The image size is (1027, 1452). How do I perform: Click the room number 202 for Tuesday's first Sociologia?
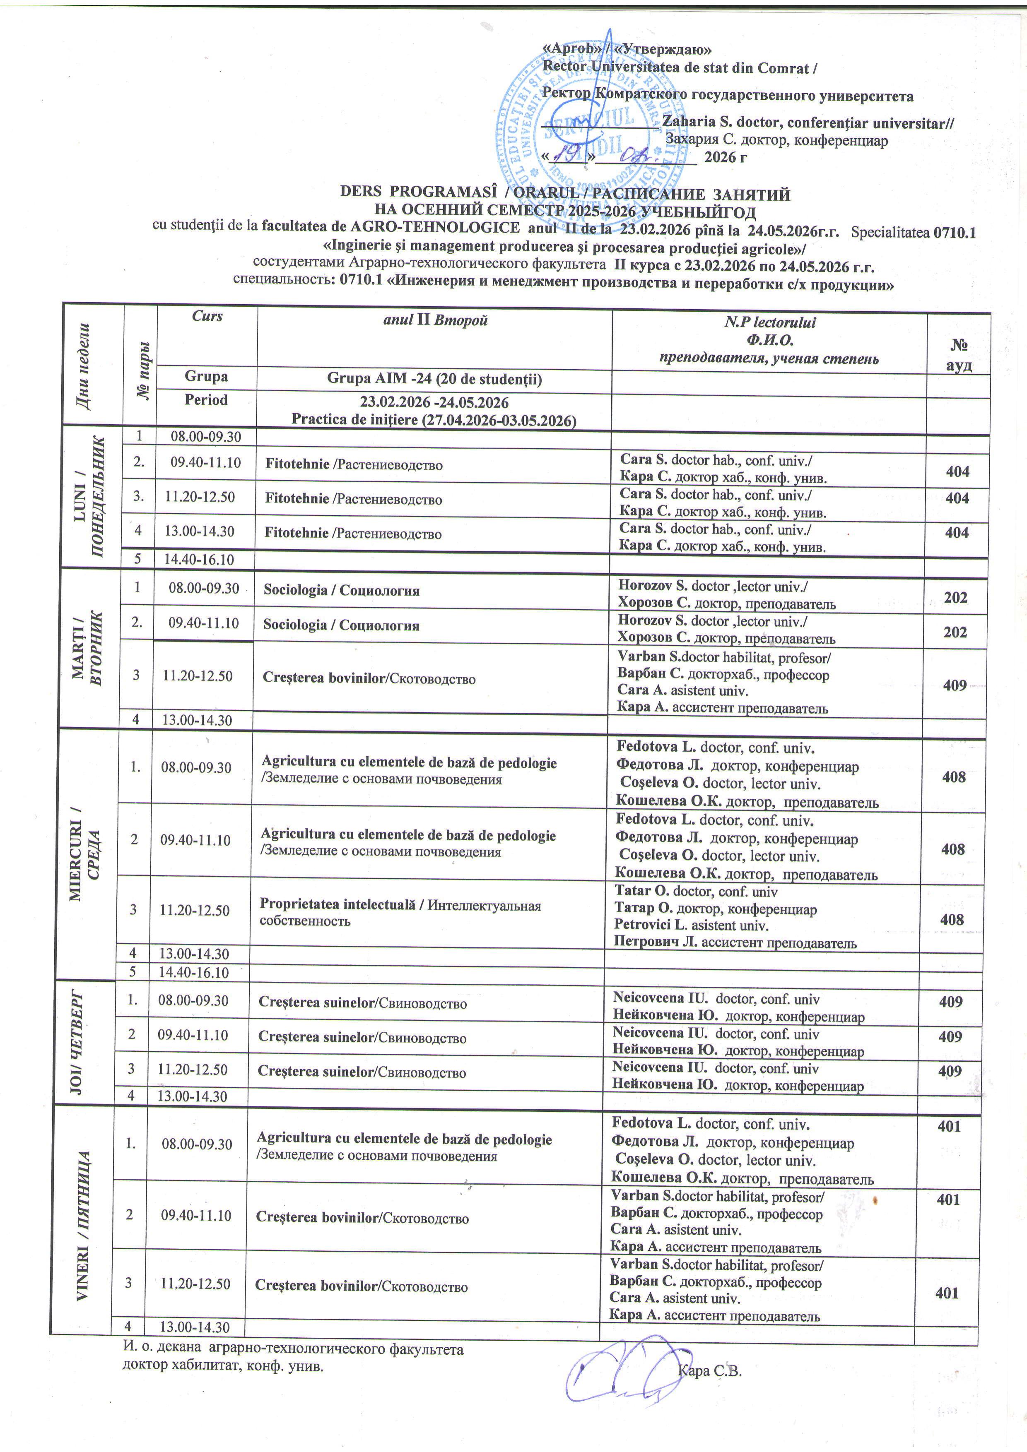coord(955,598)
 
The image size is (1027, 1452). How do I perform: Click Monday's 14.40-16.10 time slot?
coord(199,559)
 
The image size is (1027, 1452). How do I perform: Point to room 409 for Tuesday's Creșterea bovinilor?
coord(954,685)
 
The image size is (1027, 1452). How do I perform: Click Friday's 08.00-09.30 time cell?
coord(197,1143)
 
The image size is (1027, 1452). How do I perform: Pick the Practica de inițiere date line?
coord(434,421)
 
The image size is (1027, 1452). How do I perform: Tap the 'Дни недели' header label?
coord(92,367)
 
